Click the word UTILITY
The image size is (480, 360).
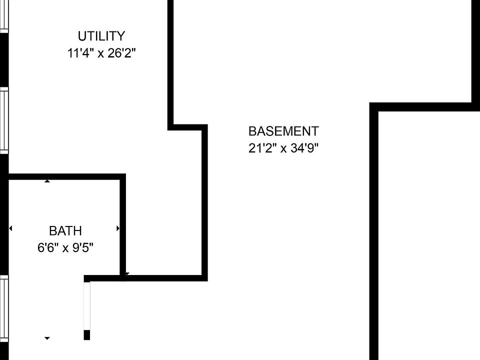[101, 36]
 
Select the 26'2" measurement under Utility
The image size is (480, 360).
[120, 53]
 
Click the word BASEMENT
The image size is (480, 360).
[283, 131]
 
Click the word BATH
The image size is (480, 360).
[65, 231]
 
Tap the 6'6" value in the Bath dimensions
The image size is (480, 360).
[47, 247]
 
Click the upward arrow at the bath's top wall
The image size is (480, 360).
[47, 181]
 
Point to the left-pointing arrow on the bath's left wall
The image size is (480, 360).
[10, 228]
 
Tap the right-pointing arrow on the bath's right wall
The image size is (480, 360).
[118, 228]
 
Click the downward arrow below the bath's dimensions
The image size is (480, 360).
[47, 338]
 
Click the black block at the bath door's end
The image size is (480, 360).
[87, 335]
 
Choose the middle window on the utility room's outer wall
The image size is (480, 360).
[4, 120]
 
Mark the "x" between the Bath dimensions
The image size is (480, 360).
[65, 248]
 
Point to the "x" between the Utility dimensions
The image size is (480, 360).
[100, 53]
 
